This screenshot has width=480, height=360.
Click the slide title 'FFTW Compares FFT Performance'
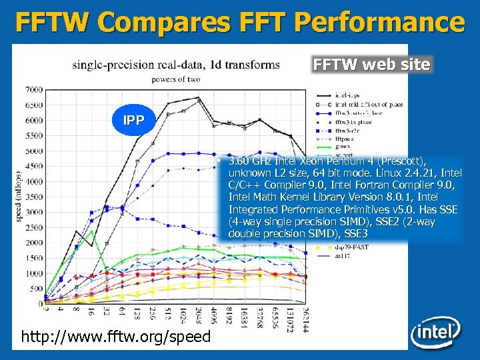pos(240,21)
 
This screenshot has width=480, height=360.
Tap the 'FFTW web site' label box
pos(372,65)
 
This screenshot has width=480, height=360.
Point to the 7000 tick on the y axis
pos(33,90)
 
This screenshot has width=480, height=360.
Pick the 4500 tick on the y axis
pos(33,166)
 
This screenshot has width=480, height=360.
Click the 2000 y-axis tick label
pos(33,243)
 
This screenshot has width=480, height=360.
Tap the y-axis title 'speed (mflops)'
pos(18,194)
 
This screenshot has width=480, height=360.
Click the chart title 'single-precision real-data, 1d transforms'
pos(176,65)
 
